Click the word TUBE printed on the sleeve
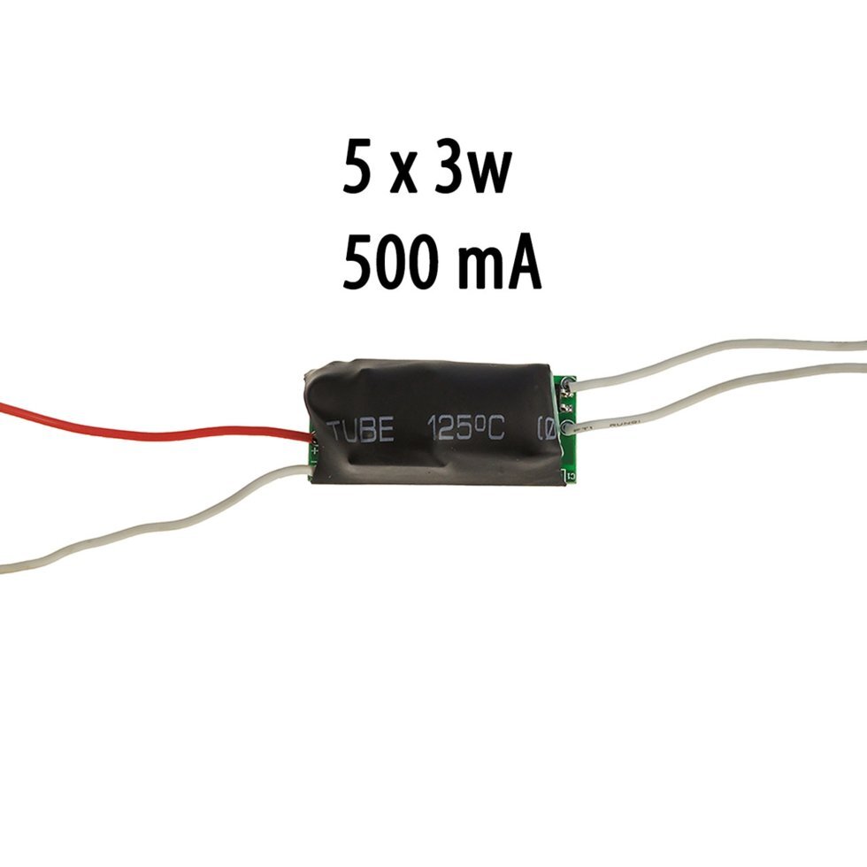tap(360, 431)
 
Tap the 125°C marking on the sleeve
tap(465, 429)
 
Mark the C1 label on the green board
tap(569, 478)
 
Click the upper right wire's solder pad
tap(566, 385)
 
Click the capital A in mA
tap(522, 263)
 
